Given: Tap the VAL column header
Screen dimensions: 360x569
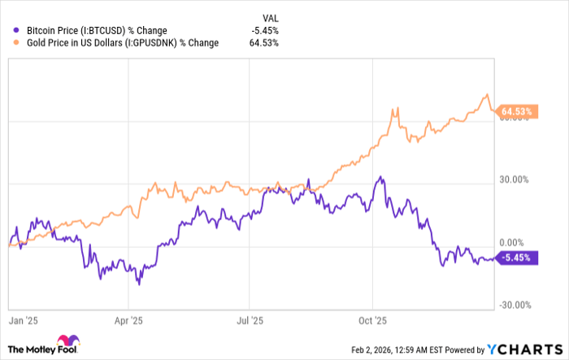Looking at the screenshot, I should [269, 16].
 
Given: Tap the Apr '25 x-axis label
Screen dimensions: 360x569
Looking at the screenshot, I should [129, 320].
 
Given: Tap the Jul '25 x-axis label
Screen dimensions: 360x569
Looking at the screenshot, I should [250, 320].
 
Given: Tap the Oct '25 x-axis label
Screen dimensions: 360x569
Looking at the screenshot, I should [371, 320].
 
